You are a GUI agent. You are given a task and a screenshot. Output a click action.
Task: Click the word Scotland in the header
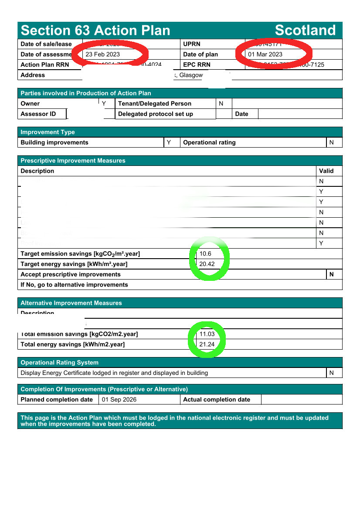[x=305, y=30]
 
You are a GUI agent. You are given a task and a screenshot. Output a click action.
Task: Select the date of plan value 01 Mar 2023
[x=265, y=54]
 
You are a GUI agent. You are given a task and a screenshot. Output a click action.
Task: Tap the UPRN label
[x=191, y=44]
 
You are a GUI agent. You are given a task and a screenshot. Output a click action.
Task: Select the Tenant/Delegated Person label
[x=155, y=104]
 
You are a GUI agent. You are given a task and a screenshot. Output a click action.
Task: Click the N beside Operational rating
[x=332, y=142]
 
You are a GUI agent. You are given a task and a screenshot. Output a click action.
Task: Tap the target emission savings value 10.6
[x=205, y=254]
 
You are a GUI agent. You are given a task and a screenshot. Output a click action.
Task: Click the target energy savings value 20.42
[x=207, y=264]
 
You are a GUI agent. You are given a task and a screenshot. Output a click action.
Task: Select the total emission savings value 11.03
[x=207, y=334]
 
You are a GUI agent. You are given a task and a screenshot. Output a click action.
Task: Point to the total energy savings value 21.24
[x=207, y=344]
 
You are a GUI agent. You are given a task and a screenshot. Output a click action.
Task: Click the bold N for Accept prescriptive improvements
[x=332, y=274]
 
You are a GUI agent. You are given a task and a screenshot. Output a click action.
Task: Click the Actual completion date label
[x=217, y=400]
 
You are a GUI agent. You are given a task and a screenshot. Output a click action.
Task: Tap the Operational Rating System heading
[x=59, y=362]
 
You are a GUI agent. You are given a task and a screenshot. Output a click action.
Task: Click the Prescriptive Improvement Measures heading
[x=73, y=161]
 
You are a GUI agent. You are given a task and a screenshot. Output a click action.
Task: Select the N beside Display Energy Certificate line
[x=332, y=373]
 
